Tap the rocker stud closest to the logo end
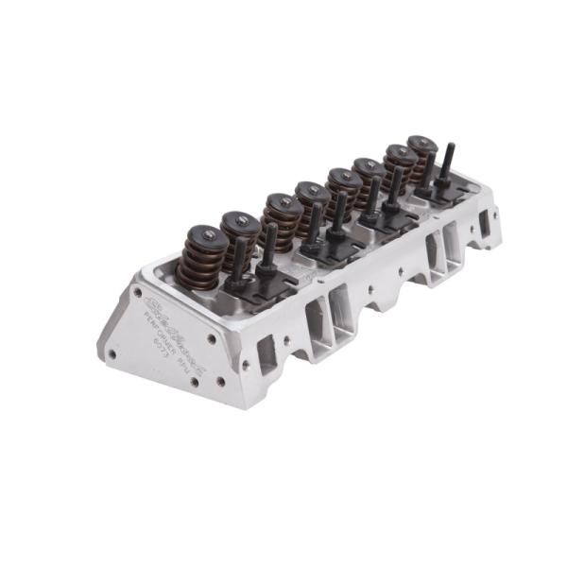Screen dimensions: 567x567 tap(241, 260)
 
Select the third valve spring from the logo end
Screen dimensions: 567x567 tap(283, 216)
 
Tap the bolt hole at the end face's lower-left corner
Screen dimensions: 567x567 tap(112, 354)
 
